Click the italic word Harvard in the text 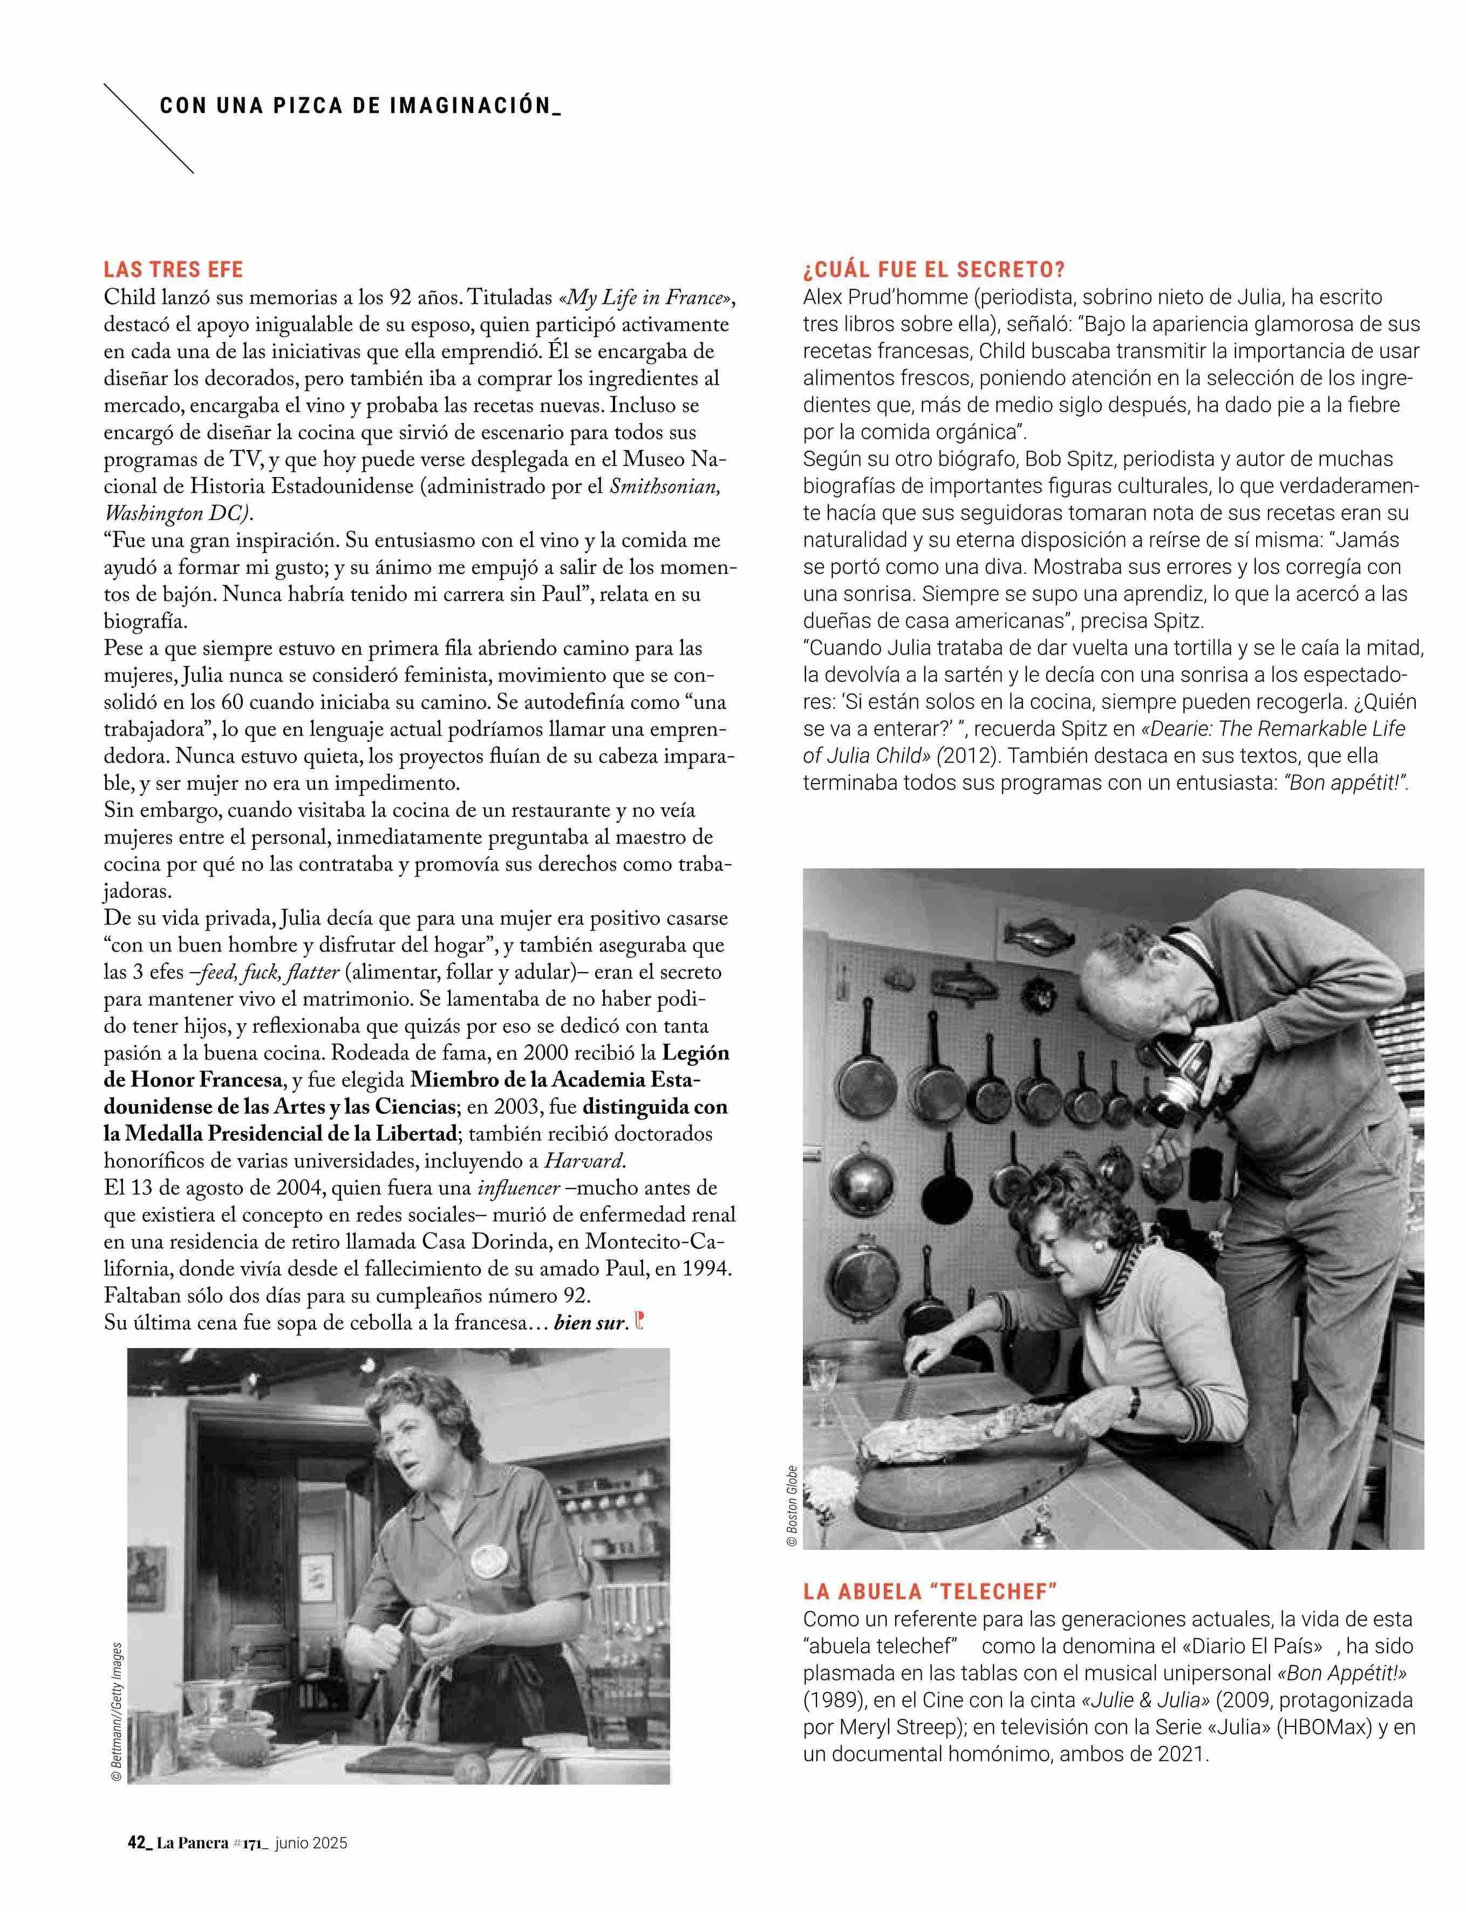(585, 1161)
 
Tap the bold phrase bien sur (590, 1323)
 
